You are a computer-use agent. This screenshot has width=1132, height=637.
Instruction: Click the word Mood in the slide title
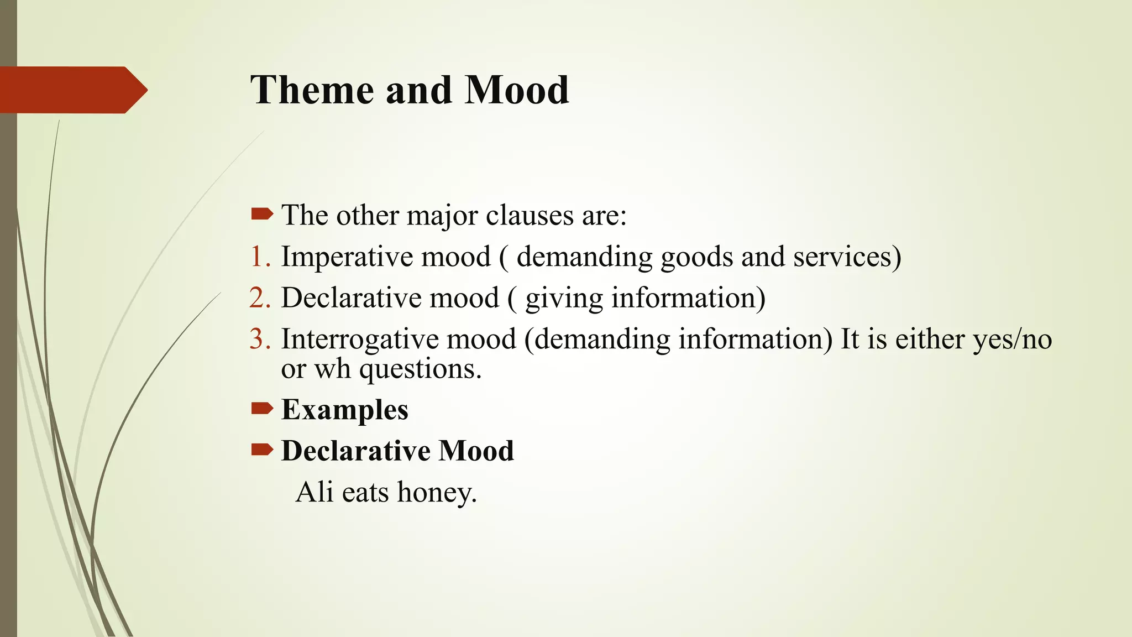pos(516,90)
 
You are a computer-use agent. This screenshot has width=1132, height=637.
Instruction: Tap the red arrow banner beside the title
pos(72,90)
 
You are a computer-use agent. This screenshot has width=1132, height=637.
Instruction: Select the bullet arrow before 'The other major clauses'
pos(261,214)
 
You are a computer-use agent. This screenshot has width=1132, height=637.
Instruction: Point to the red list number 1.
pos(260,257)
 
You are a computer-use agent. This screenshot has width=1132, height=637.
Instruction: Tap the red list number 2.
pos(260,298)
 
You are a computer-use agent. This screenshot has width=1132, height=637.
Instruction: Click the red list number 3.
pos(260,339)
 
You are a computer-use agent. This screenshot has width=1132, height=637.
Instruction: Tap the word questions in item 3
pos(420,369)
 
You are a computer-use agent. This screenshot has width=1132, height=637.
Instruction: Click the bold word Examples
pos(344,410)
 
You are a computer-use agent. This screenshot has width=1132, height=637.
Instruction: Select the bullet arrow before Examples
pos(261,409)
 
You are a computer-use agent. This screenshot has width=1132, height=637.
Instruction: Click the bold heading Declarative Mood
pos(397,451)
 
